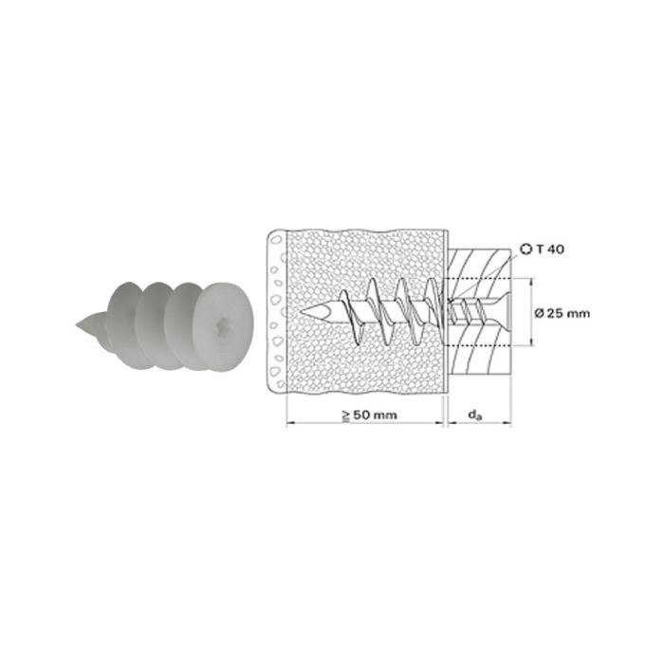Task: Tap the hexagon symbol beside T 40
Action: (x=527, y=250)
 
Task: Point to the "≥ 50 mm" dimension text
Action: (x=368, y=415)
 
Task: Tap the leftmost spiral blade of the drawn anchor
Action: (x=347, y=308)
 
